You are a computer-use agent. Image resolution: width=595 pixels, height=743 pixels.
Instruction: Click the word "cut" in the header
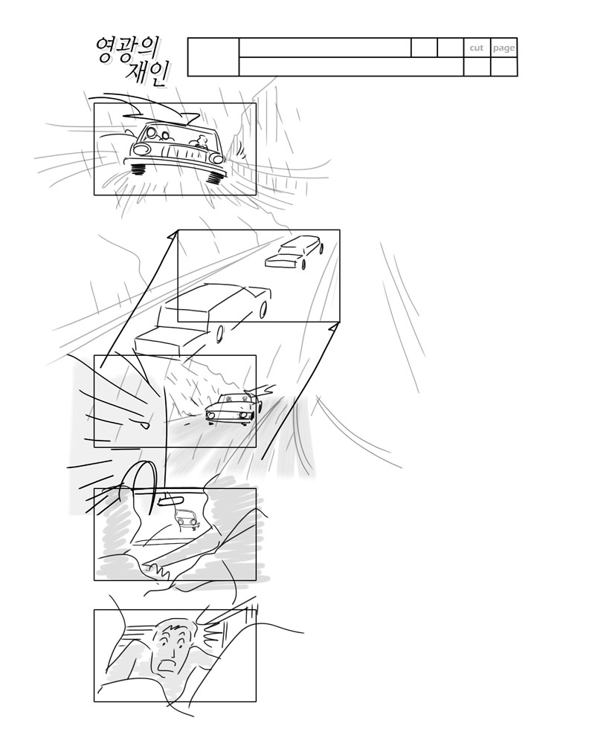point(477,48)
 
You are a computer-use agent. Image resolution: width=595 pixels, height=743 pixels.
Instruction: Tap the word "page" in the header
point(504,48)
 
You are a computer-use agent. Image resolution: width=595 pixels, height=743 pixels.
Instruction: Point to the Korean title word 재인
point(147,74)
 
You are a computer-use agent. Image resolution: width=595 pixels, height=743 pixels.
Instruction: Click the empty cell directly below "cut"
point(477,66)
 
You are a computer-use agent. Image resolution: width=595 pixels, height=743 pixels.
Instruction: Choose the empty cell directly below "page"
point(504,66)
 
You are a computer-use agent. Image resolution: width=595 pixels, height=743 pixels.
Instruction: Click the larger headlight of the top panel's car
point(141,150)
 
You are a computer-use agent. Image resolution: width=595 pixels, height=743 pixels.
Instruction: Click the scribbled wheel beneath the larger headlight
point(138,168)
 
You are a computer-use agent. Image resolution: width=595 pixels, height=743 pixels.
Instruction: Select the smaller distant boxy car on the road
point(295,252)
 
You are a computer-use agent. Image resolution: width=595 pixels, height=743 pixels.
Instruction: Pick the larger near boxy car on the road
point(203,319)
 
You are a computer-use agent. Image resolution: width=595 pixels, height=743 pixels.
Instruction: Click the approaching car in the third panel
point(234,407)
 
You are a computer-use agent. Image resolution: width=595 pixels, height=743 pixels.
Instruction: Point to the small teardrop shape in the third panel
point(144,424)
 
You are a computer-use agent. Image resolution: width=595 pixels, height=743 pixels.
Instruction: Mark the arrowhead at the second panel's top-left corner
point(173,234)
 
